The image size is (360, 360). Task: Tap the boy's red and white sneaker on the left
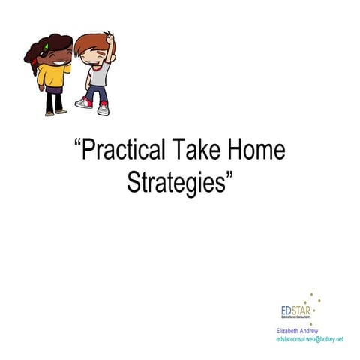(x=84, y=103)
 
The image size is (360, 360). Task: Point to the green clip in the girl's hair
(x=46, y=46)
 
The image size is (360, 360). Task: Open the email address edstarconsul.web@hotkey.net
(x=310, y=339)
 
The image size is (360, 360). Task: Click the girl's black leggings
(x=51, y=103)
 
